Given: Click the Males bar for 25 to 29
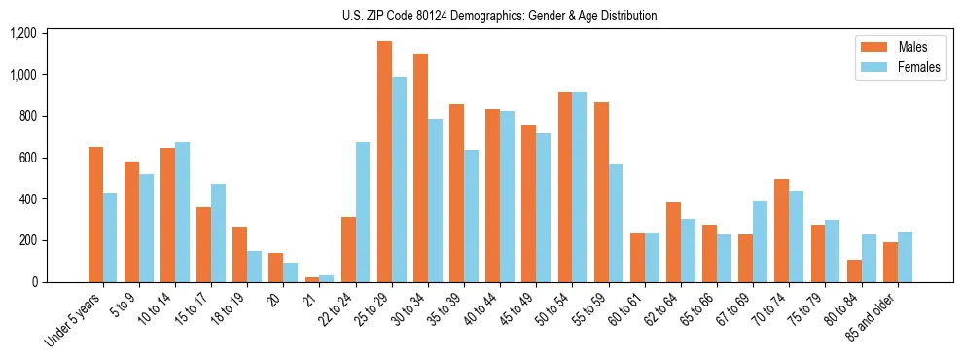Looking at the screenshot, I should click(384, 162).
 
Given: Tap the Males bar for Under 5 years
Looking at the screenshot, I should click(95, 214).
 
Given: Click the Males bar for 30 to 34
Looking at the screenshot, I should click(420, 167).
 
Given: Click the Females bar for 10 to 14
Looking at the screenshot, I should click(182, 212).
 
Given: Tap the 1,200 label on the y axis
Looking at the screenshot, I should click(23, 33).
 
